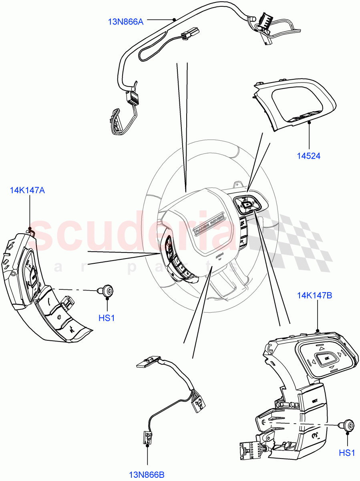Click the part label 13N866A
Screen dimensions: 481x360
(125, 21)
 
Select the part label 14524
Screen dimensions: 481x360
(308, 156)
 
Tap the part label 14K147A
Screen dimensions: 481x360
(27, 190)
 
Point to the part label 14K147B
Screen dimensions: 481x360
(314, 296)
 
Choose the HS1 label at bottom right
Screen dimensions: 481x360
(347, 453)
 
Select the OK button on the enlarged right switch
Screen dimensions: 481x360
(326, 358)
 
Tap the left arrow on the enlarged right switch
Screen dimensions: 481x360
(310, 363)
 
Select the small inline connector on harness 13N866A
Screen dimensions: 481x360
(187, 36)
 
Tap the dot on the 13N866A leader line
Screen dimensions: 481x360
(174, 19)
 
